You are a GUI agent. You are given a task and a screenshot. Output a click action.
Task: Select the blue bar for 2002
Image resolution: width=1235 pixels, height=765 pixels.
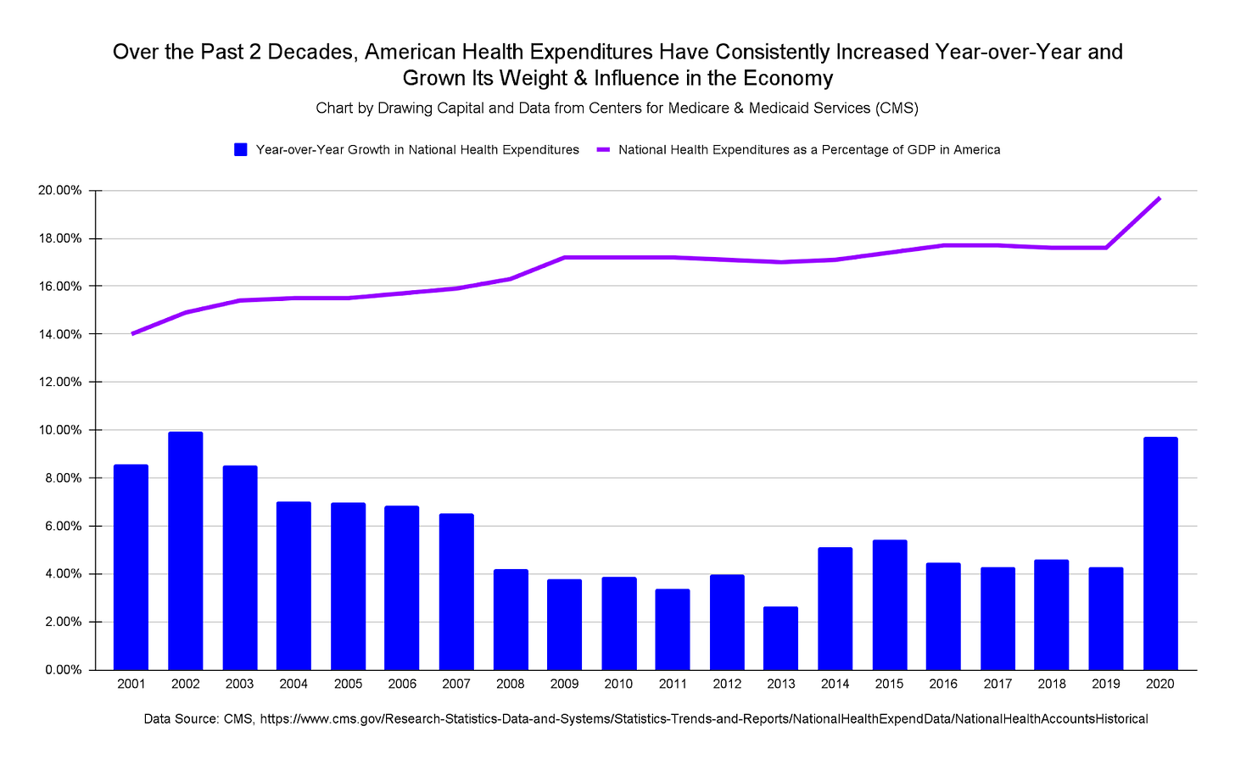click(185, 551)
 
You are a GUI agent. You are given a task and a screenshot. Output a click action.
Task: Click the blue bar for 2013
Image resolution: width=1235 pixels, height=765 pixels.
click(780, 638)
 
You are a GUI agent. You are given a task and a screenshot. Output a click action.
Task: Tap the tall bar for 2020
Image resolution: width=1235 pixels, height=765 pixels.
click(1160, 553)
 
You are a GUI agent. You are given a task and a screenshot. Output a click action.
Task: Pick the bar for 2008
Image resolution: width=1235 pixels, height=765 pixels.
click(511, 619)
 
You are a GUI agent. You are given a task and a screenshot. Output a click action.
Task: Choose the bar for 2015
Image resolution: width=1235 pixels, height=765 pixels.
click(889, 605)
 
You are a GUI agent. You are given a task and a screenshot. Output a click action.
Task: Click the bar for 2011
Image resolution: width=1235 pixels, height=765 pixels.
click(673, 629)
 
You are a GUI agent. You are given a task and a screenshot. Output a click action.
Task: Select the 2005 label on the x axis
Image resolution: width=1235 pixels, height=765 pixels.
click(348, 684)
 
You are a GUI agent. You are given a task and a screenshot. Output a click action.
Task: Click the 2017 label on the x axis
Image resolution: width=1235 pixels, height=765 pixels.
click(997, 684)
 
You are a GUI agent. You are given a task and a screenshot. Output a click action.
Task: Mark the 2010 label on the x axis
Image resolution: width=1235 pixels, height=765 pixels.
click(618, 684)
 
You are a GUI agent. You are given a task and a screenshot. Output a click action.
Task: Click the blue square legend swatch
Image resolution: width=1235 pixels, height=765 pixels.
click(241, 149)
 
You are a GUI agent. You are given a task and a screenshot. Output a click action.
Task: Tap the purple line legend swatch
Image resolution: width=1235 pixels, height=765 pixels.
click(603, 149)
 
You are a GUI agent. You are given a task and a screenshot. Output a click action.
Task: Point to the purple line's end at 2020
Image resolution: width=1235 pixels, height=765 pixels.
click(1160, 198)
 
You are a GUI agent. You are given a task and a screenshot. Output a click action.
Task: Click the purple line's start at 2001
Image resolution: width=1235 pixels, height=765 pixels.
click(132, 334)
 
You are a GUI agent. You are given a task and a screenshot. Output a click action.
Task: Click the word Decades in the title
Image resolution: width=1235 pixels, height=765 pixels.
click(312, 52)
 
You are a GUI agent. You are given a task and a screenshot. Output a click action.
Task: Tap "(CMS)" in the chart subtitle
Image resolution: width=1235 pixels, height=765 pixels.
click(897, 109)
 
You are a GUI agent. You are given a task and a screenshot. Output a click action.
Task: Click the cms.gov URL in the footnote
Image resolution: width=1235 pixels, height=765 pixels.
click(703, 719)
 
